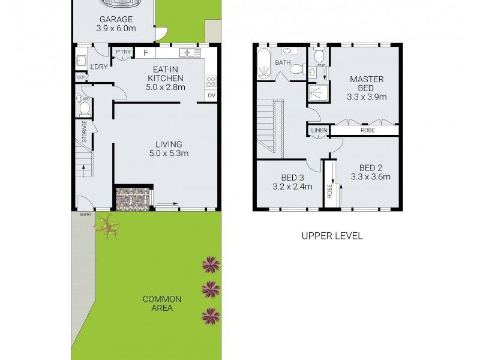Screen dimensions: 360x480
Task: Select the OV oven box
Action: [211, 95]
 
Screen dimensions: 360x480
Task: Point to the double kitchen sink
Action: [191, 53]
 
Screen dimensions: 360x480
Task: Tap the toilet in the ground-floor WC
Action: [84, 108]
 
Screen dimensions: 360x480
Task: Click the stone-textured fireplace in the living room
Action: [132, 199]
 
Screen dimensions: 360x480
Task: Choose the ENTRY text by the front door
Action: [85, 214]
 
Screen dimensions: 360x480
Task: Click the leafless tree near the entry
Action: [107, 226]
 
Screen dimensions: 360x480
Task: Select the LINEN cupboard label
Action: [318, 130]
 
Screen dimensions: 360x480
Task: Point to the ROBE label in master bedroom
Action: [368, 130]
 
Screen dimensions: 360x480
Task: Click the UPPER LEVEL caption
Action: [332, 236]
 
